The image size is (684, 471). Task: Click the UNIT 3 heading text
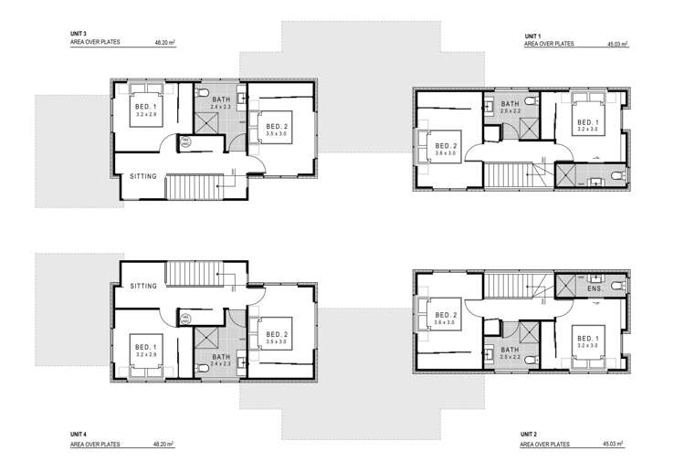pos(79,33)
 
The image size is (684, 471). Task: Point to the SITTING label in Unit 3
pos(145,175)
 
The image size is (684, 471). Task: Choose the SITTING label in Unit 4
pos(145,286)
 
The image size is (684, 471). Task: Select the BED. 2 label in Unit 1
pos(446,146)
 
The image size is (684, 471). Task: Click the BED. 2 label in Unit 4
pos(279,334)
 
